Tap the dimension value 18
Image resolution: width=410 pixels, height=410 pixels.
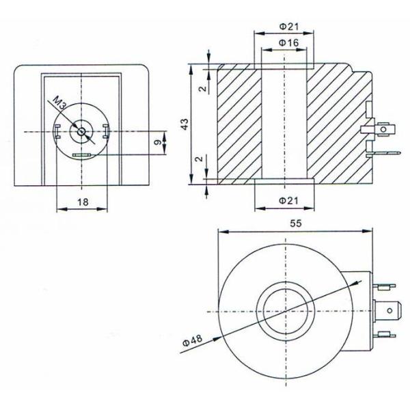83,202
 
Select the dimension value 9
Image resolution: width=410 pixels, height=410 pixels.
157,143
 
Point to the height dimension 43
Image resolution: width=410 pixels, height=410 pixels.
184,124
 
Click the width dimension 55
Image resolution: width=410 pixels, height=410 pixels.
296,223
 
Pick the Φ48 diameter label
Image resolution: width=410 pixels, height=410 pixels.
193,340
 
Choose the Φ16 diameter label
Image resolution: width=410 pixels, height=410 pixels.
288,42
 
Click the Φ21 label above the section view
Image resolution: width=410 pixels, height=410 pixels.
288,27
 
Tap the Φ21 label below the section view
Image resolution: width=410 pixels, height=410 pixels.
288,201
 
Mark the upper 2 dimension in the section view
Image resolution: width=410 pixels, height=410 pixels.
203,88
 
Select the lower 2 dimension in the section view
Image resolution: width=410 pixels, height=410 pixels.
200,159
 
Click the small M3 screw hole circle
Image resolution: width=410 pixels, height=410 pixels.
81,132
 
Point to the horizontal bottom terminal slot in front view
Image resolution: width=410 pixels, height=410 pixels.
81,155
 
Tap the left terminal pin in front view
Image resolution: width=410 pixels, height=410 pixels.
57,131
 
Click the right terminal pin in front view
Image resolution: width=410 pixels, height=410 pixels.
106,131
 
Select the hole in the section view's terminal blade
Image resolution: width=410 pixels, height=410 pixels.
383,129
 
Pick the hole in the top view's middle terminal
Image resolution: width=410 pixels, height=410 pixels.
389,311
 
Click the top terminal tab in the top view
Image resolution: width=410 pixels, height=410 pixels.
383,287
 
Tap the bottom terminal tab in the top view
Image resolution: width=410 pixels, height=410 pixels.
383,334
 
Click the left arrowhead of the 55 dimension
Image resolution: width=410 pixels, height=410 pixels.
223,232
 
